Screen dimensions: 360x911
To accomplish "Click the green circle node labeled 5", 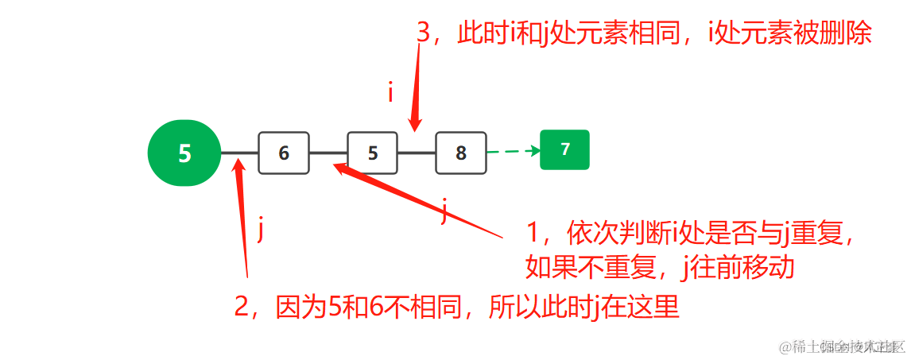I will [x=184, y=153].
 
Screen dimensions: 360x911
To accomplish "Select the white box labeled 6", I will [x=283, y=153].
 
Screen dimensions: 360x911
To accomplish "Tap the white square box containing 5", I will [x=372, y=153].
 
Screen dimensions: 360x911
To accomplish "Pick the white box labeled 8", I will [x=461, y=153].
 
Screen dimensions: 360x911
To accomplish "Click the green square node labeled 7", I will [x=564, y=149].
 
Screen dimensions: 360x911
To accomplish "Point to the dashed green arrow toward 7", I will [x=513, y=151].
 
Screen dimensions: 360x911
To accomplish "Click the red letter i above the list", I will [x=390, y=93].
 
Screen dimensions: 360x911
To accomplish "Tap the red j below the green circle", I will [x=261, y=230].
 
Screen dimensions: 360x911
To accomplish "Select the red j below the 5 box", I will [x=445, y=213].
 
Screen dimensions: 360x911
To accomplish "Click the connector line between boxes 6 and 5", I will [x=328, y=152].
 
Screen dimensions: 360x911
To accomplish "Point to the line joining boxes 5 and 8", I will [x=417, y=152].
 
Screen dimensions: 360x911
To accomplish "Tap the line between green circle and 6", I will [x=238, y=152].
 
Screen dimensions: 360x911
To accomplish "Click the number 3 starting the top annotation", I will [x=424, y=33].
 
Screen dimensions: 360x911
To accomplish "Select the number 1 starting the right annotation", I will [x=533, y=233].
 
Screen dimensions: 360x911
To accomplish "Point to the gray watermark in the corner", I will [x=843, y=347].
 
